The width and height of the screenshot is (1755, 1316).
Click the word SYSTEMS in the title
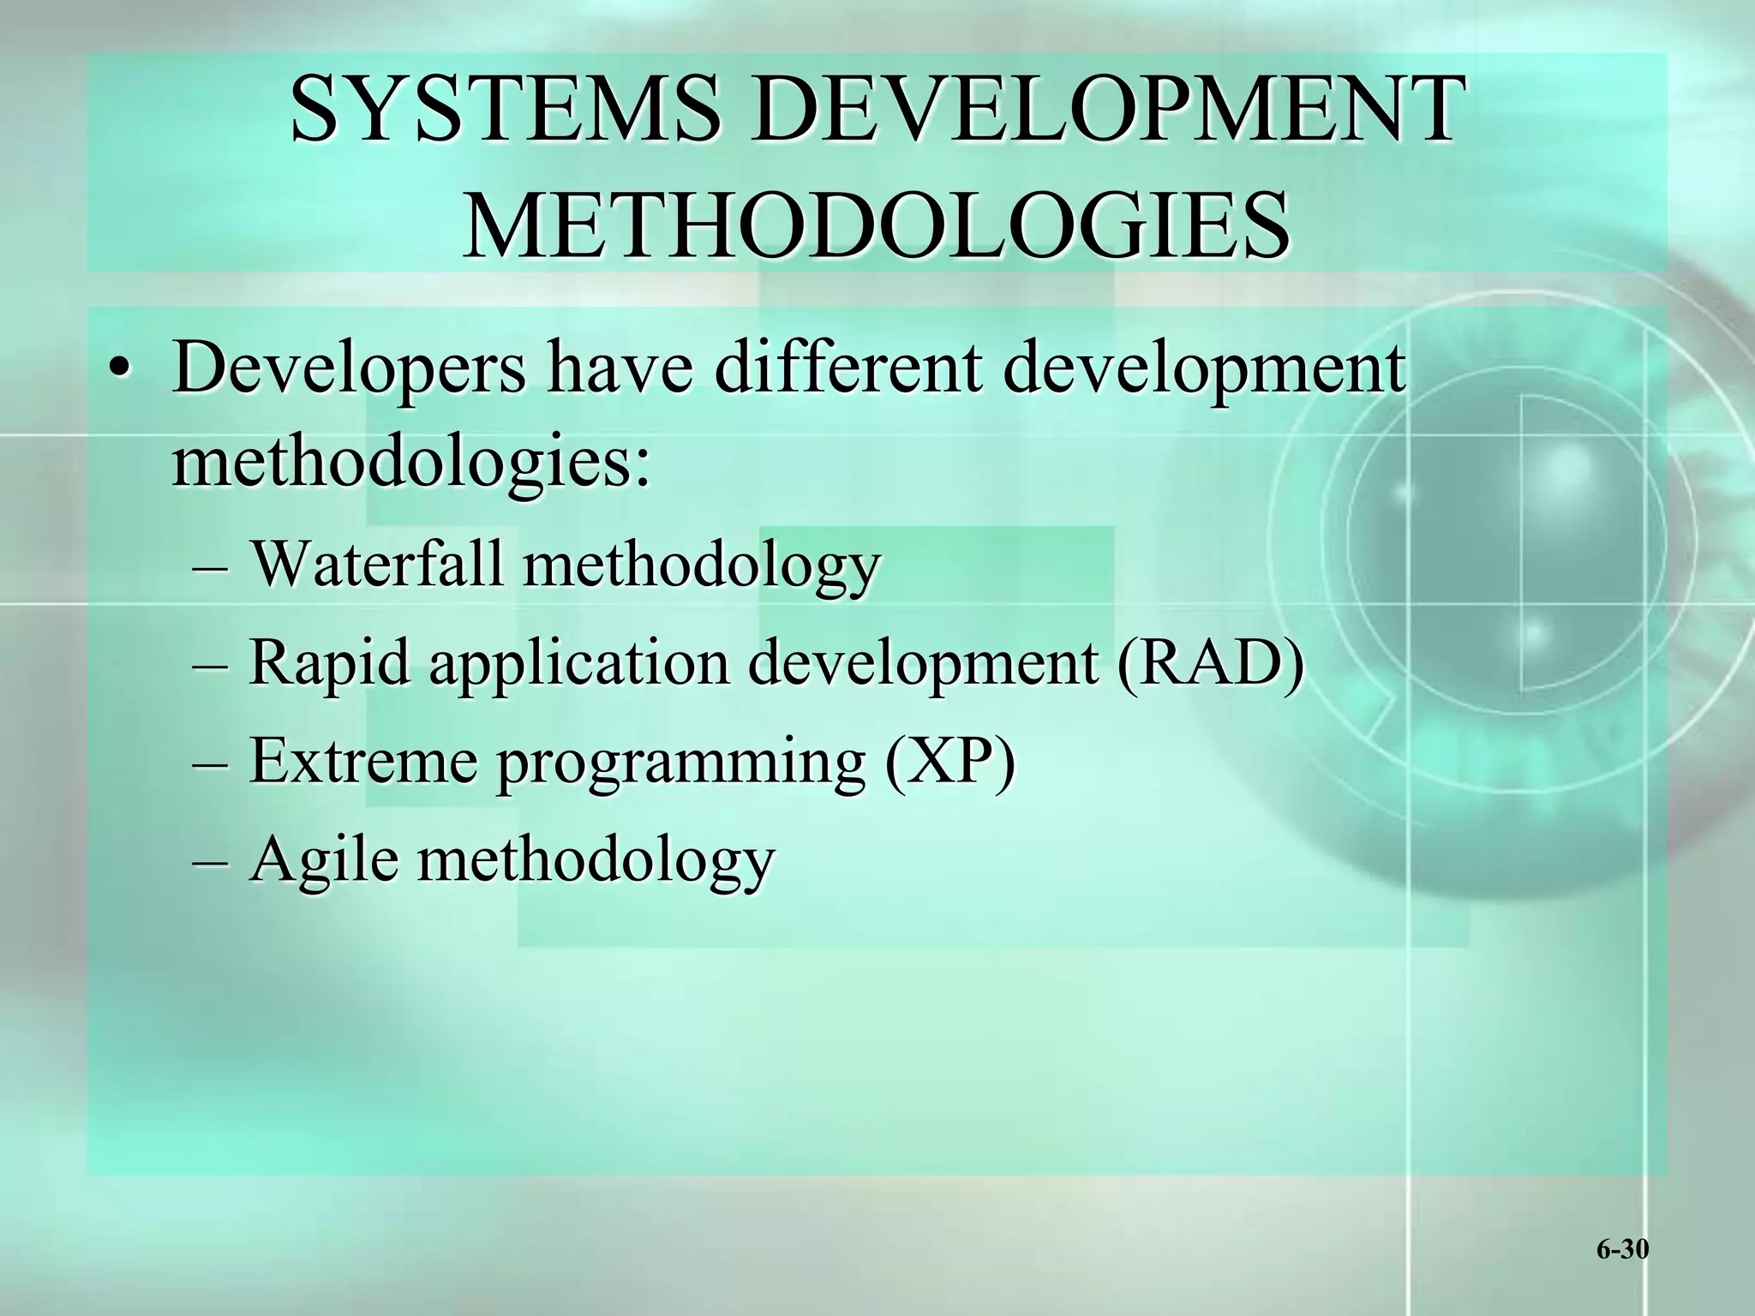point(506,110)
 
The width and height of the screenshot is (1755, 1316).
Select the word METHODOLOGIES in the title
point(876,224)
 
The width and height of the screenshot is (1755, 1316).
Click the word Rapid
point(329,664)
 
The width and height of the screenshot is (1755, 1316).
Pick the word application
point(578,664)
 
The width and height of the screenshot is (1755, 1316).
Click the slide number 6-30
point(1622,1250)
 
